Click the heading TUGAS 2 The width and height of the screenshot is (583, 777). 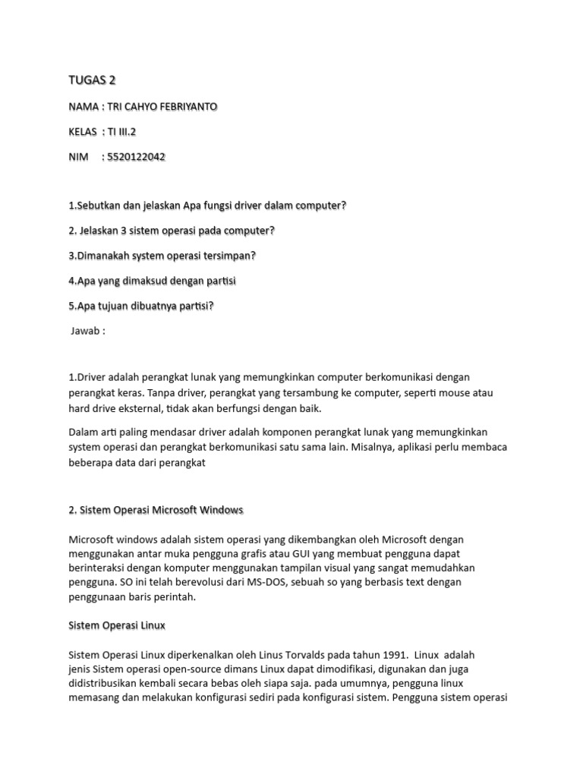(92, 81)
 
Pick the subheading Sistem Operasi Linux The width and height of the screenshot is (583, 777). (116, 626)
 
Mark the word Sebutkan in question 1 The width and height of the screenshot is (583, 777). (98, 206)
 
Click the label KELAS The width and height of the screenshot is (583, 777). (82, 132)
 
